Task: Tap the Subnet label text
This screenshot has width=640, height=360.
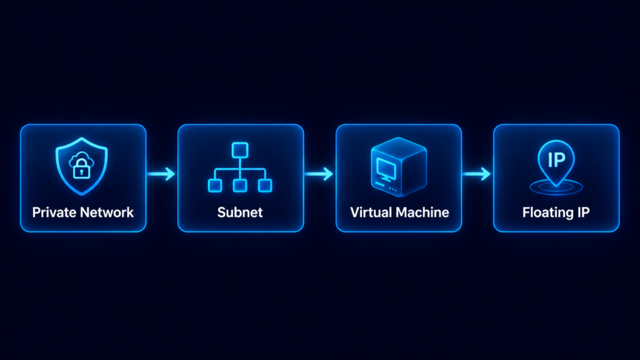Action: pyautogui.click(x=240, y=212)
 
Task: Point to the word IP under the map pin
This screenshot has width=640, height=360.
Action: pyautogui.click(x=583, y=212)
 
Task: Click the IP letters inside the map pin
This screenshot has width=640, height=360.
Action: pyautogui.click(x=556, y=159)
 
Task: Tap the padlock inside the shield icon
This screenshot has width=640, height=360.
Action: pyautogui.click(x=82, y=168)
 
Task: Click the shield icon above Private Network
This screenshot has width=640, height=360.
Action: pyautogui.click(x=82, y=166)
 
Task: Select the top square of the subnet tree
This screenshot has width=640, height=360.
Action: pyautogui.click(x=240, y=150)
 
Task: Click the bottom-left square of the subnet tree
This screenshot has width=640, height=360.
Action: pyautogui.click(x=215, y=185)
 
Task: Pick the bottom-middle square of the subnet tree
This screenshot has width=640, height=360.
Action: pyautogui.click(x=240, y=185)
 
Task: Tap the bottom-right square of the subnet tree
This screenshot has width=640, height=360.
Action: pyautogui.click(x=265, y=185)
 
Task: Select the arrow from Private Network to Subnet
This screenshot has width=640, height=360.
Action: pyautogui.click(x=161, y=174)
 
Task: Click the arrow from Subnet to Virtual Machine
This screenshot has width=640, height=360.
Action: pyautogui.click(x=318, y=174)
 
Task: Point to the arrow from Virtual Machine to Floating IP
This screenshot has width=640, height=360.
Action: pyautogui.click(x=476, y=174)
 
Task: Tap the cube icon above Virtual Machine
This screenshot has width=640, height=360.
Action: pyautogui.click(x=399, y=167)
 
